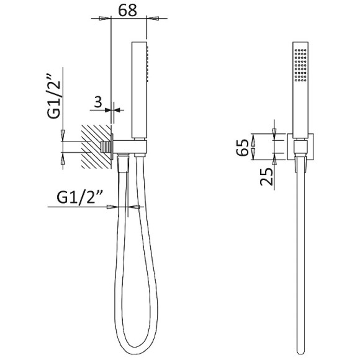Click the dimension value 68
coord(127,10)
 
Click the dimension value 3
coord(98,102)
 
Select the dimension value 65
coord(243,147)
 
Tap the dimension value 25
coord(266,176)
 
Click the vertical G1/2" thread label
coord(54,96)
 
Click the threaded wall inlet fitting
coord(106,147)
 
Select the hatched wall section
coord(96,147)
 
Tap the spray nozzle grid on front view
coord(300,65)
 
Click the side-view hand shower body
coord(140,90)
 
